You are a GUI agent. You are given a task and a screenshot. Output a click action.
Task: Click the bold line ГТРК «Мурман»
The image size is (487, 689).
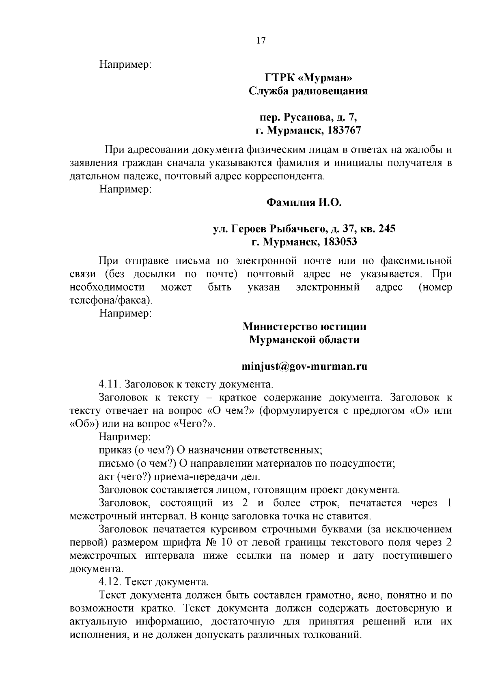(308, 78)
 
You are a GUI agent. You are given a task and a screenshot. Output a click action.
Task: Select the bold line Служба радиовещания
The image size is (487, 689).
(308, 91)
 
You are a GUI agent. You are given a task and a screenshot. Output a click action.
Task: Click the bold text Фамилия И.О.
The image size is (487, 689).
(304, 202)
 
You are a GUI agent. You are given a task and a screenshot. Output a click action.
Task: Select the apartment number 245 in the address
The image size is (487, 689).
(387, 229)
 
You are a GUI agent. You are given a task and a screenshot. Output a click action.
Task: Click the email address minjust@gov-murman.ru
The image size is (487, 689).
(304, 366)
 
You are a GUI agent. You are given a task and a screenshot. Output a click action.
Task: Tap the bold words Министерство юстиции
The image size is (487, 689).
(304, 326)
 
